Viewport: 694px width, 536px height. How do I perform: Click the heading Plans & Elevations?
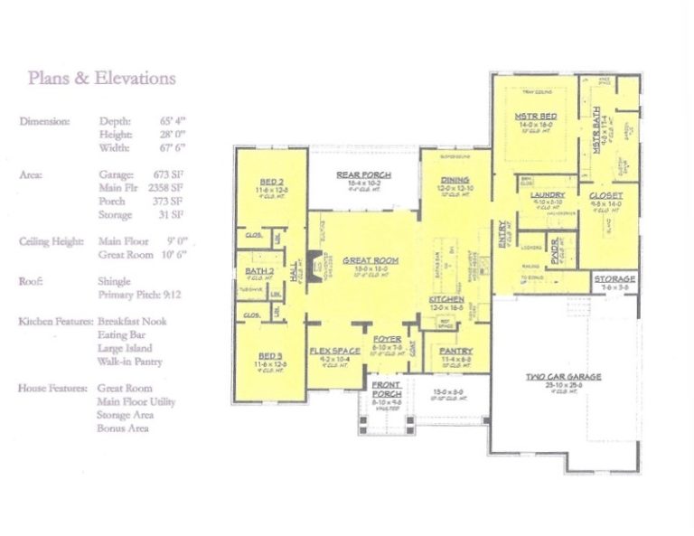coord(101,78)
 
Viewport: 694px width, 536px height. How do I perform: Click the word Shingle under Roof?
coord(114,281)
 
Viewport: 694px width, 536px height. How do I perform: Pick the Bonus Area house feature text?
coord(123,428)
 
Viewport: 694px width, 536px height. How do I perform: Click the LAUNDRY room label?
coord(549,194)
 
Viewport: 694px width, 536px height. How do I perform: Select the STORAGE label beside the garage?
coord(615,279)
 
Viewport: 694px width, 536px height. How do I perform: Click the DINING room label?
coord(455,180)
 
